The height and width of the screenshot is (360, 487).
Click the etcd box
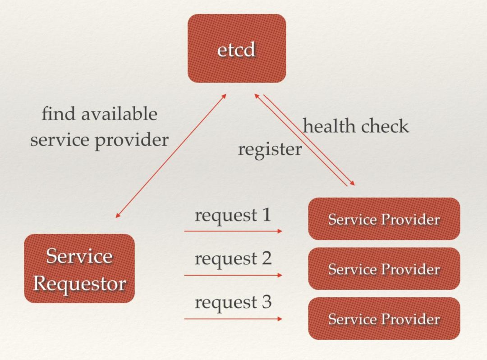[237, 48]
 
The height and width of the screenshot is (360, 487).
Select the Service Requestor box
[79, 268]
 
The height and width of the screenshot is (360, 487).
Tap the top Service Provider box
[384, 219]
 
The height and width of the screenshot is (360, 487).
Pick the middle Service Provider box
[384, 269]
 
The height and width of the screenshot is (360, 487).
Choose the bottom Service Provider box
[384, 318]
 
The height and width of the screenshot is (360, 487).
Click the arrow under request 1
[233, 231]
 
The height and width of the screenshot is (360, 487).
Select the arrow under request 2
[233, 275]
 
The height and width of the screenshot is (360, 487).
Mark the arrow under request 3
[233, 318]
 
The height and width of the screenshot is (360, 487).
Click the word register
[270, 150]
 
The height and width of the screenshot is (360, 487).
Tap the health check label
[356, 126]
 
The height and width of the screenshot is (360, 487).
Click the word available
[119, 114]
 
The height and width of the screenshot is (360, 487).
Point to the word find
[59, 114]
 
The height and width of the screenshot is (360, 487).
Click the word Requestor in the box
[79, 284]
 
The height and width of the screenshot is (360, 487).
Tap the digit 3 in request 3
[266, 302]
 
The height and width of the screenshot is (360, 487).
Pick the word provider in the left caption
[132, 140]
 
